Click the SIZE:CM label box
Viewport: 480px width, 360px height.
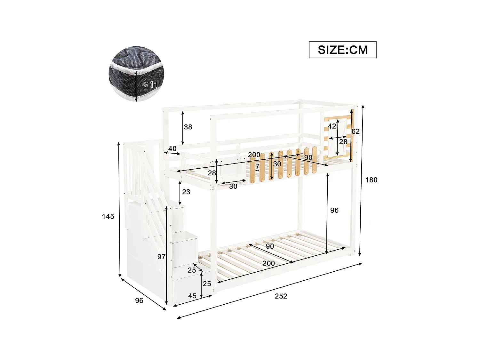(342, 50)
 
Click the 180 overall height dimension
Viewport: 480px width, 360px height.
(371, 180)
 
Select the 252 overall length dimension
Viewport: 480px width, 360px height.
(281, 296)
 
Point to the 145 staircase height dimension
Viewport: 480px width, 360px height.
(108, 217)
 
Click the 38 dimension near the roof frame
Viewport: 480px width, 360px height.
(188, 127)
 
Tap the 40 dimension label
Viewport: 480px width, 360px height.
(172, 148)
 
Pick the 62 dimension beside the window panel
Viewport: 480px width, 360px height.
(355, 131)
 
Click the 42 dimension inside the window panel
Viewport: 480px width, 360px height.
(332, 126)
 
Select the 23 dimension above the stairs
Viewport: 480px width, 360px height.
(186, 192)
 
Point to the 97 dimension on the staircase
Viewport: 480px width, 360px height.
(161, 257)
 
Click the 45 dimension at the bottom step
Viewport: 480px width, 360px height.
(192, 296)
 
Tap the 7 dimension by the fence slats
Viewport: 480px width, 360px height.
(257, 166)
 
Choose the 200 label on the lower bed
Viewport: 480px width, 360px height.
(268, 263)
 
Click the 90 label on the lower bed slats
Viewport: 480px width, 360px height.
(269, 246)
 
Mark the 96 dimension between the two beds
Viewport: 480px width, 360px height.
(334, 210)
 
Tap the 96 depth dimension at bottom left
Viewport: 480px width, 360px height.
(139, 300)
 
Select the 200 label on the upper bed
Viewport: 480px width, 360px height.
(254, 155)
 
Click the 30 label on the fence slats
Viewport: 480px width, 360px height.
(277, 164)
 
